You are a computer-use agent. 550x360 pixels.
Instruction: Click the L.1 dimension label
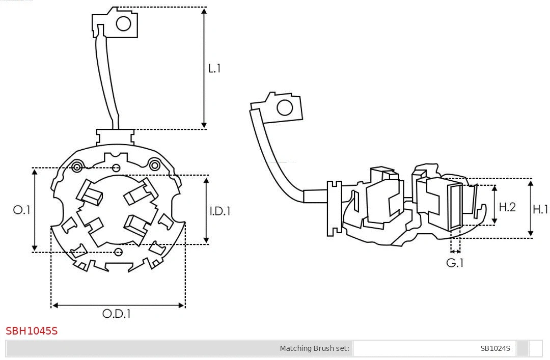pos(214,68)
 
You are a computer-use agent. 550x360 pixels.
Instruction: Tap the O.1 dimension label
pos(22,210)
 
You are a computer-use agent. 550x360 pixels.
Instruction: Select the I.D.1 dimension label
pos(220,211)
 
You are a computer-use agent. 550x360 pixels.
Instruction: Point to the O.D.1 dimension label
pos(117,314)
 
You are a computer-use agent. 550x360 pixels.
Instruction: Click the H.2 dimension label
pos(507,207)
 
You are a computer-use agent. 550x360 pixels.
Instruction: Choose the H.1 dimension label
pos(540,209)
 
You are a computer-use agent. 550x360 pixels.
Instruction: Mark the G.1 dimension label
pos(455,263)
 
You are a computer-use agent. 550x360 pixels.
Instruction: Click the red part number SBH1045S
pos(32,331)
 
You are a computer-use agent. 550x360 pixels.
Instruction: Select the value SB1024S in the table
pos(495,348)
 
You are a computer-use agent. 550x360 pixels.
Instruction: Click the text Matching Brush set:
pos(315,348)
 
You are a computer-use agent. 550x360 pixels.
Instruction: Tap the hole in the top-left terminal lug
pos(124,23)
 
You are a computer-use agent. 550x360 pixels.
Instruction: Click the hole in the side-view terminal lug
pos(284,108)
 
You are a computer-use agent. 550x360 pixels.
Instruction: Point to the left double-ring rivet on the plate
pos(77,167)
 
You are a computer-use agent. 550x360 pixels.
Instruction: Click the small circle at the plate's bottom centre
pos(119,252)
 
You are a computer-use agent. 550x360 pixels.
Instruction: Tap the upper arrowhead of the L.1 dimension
pos(204,10)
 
